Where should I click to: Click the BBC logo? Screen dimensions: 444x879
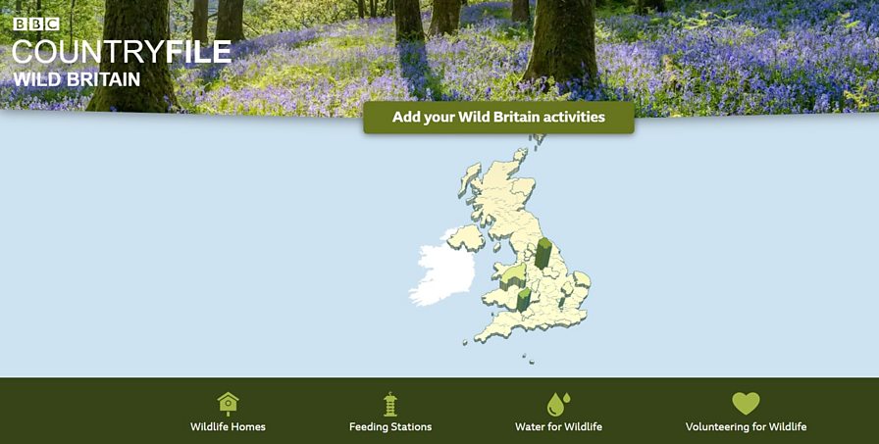pos(36,24)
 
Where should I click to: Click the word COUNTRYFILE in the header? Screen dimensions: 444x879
pos(122,52)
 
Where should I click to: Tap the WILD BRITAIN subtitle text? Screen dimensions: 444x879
pos(77,79)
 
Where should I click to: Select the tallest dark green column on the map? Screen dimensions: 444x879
pos(543,253)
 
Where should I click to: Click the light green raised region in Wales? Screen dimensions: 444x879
pos(513,274)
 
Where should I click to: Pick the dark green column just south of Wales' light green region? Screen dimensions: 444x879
pos(524,299)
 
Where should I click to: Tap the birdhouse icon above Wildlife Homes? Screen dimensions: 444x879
pos(228,403)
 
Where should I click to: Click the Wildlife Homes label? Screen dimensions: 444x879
pos(228,426)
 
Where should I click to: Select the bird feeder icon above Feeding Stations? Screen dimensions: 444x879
pos(390,403)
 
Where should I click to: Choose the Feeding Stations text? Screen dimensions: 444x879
pos(390,426)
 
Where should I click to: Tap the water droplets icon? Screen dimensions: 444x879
pos(558,403)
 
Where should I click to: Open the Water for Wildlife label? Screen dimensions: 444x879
pos(558,426)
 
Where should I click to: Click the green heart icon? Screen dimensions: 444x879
pos(746,403)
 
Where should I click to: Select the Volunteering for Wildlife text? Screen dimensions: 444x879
pos(746,426)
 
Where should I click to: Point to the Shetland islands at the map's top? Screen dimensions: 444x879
pos(539,140)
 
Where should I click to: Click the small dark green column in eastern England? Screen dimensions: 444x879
pos(578,293)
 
